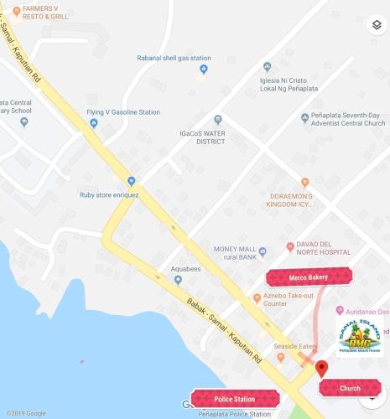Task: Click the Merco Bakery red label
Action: [309, 277]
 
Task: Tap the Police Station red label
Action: [235, 399]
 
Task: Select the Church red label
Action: [350, 388]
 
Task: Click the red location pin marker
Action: [321, 369]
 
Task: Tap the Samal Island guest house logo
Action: [359, 337]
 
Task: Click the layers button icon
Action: [375, 24]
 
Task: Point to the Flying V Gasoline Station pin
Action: [94, 123]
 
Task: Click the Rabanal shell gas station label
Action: [174, 59]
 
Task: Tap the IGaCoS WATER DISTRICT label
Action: [201, 137]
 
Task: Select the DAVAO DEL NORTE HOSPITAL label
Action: [323, 249]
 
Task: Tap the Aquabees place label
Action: [187, 270]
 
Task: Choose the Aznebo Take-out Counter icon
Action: [257, 298]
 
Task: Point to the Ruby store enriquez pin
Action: [131, 181]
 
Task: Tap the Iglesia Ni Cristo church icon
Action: [267, 67]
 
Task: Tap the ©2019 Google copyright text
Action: [24, 413]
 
